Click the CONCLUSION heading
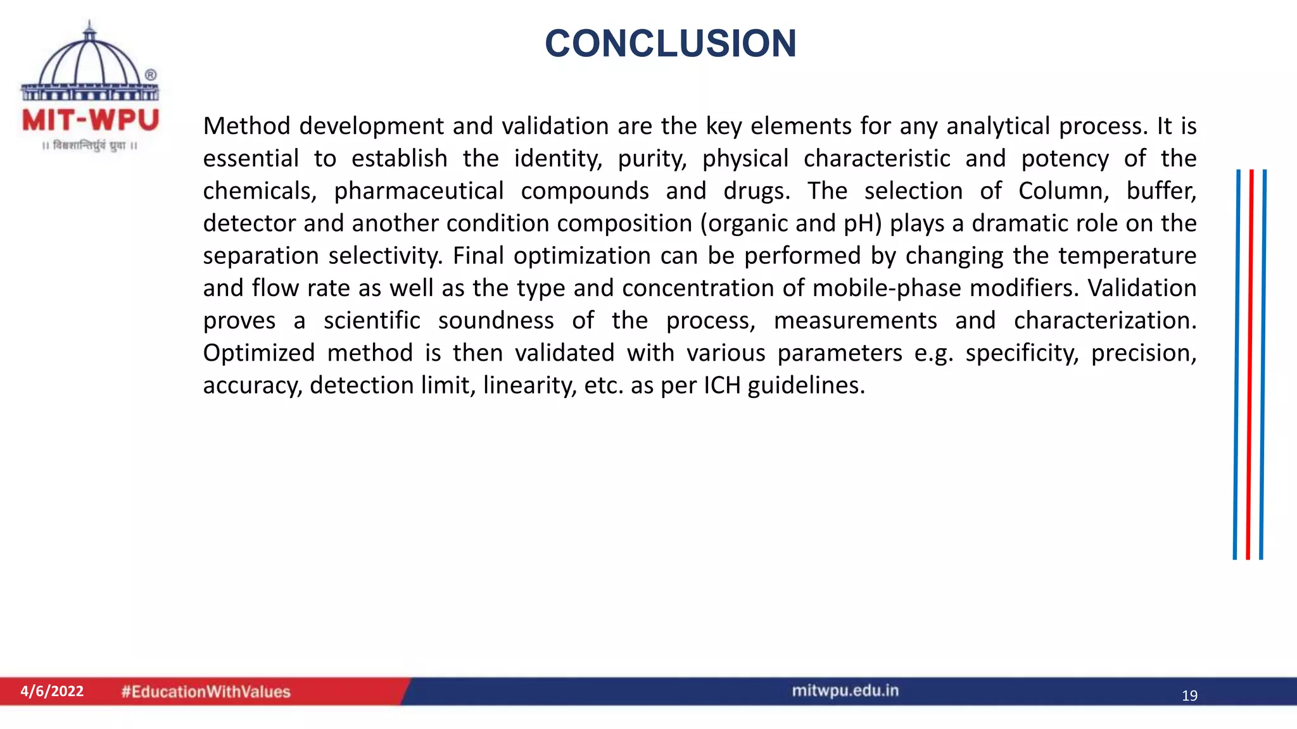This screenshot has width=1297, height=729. click(x=670, y=44)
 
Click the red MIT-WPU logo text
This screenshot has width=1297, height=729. click(x=90, y=120)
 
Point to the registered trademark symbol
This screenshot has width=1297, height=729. click(x=151, y=75)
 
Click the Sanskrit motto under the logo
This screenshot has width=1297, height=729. click(x=90, y=146)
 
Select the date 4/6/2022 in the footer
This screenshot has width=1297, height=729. click(x=52, y=691)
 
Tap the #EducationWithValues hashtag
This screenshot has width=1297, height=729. click(x=206, y=692)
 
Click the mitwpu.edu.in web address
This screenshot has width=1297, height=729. click(x=845, y=690)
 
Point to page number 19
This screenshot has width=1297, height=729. click(x=1189, y=696)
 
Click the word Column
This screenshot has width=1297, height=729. click(x=1063, y=191)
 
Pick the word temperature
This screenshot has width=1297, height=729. click(x=1127, y=256)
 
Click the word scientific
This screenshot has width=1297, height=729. click(x=372, y=320)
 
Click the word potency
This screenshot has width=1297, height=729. click(x=1065, y=159)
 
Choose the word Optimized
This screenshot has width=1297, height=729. click(x=258, y=353)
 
